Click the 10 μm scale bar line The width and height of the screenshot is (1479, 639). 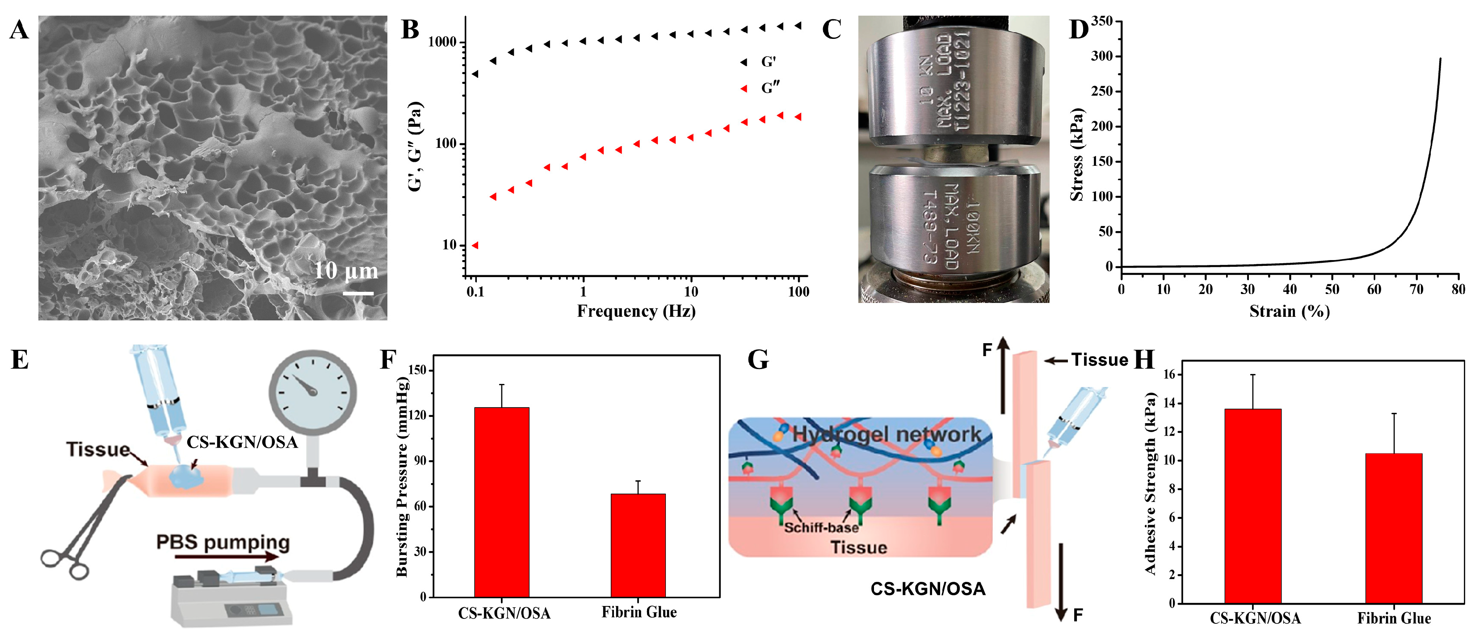pyautogui.click(x=358, y=294)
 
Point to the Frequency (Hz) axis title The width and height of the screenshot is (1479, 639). pyautogui.click(x=636, y=311)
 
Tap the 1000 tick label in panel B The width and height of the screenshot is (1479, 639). pyautogui.click(x=442, y=42)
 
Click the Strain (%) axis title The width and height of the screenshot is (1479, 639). pyautogui.click(x=1289, y=311)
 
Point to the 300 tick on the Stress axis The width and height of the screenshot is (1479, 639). pyautogui.click(x=1101, y=56)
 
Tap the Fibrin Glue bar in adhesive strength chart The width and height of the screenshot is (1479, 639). pyautogui.click(x=1394, y=528)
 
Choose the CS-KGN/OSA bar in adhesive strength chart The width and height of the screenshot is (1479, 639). pyautogui.click(x=1252, y=505)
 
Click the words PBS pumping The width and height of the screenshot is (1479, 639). pyautogui.click(x=223, y=542)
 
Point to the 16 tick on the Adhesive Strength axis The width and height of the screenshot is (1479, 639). pyautogui.click(x=1168, y=375)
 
